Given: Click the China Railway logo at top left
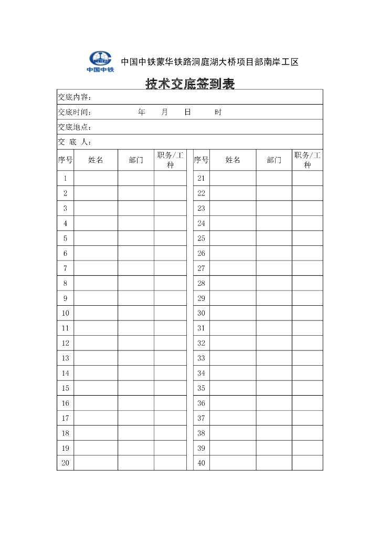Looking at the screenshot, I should point(100,61).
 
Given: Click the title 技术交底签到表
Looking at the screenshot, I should point(190,84).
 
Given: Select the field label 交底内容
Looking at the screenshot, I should point(75,97).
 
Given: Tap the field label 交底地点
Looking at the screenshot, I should point(75,127).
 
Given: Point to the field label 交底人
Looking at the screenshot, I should point(75,142).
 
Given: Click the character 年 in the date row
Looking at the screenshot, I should point(142,112).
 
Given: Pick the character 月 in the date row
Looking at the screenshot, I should point(165,112).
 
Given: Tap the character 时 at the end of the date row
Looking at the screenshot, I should point(218,112).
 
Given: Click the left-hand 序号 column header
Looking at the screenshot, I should point(66,160).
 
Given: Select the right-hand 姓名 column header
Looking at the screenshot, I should point(233,160).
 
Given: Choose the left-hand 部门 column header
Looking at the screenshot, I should point(136,160).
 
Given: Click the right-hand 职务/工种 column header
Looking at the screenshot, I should point(308,160).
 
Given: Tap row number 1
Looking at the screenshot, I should point(66,178).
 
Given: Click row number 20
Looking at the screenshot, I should point(66,463).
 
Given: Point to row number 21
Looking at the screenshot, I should point(201,178).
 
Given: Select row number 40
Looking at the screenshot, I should point(201,463).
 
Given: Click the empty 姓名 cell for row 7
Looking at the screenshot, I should point(96,268).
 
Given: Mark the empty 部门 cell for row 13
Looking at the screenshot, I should point(136,358).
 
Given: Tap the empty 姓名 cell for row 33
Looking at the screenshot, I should point(233,358).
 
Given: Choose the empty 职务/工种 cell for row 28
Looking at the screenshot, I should point(308,283).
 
